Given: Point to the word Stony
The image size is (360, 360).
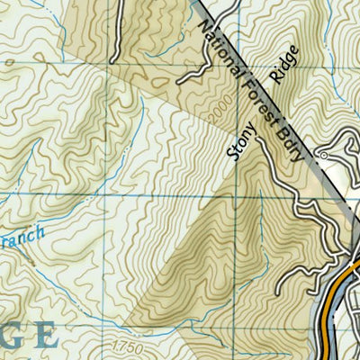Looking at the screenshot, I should tap(246, 139).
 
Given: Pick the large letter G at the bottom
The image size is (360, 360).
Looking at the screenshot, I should tap(8, 335).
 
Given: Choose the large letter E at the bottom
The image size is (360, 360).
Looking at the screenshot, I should tap(45, 335).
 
